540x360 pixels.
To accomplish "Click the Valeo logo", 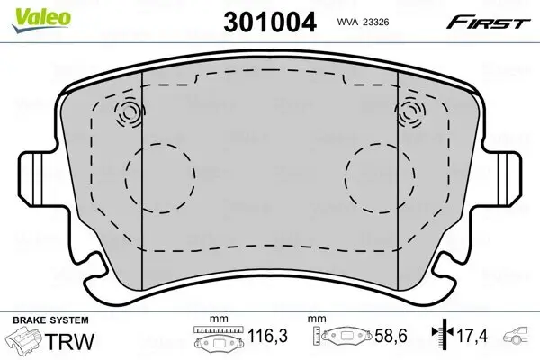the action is coord(41,20).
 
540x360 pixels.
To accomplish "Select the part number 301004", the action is coord(270,22).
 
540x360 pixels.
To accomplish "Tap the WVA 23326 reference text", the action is coord(363,22).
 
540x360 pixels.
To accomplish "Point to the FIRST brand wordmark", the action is coord(488,23).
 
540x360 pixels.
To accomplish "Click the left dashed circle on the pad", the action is coord(160,178).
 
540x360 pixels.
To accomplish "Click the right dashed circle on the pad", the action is coord(380,178).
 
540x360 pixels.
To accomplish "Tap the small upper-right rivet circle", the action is coord(409,112).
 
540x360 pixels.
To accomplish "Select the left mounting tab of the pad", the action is coord(41,179).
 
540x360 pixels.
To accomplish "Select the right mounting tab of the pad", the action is coord(499,179).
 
